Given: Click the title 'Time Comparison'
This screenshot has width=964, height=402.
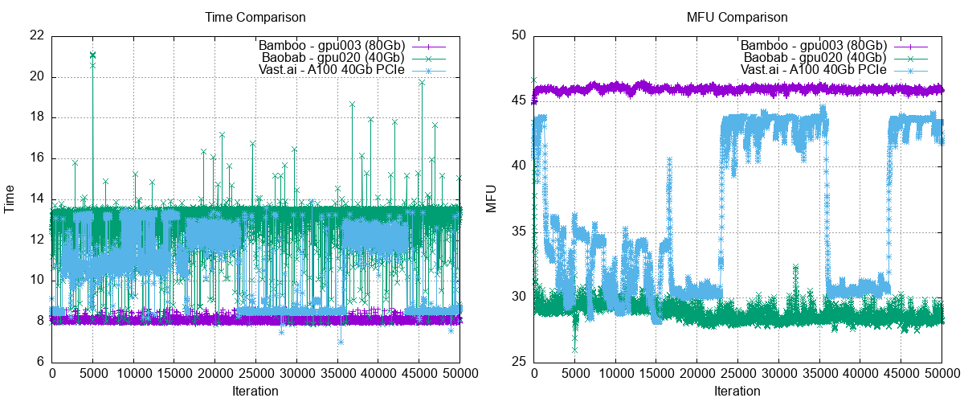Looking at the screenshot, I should pyautogui.click(x=255, y=16).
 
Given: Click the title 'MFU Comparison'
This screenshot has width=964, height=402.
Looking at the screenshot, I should pyautogui.click(x=737, y=16).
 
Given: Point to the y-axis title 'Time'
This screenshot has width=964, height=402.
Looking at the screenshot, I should pyautogui.click(x=10, y=199).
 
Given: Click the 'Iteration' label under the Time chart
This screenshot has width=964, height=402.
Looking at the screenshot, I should pyautogui.click(x=255, y=392).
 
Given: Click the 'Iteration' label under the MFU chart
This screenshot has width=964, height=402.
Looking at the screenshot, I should pyautogui.click(x=737, y=392).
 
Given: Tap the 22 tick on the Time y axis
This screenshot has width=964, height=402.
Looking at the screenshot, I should pyautogui.click(x=35, y=35).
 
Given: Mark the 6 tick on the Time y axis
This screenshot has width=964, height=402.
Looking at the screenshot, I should pyautogui.click(x=39, y=362).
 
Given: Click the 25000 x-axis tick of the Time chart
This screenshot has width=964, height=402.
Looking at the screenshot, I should pyautogui.click(x=256, y=374).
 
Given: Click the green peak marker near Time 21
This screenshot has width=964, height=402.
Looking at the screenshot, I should pyautogui.click(x=92, y=55).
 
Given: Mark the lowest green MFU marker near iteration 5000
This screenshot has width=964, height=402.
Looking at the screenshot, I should pyautogui.click(x=574, y=350).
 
